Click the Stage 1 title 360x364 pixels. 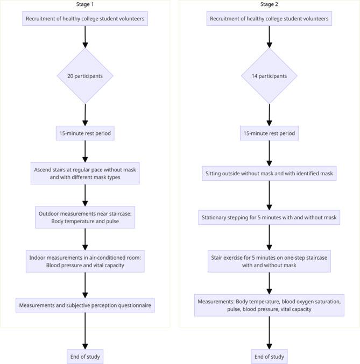point(85,5)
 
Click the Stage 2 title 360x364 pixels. point(269,5)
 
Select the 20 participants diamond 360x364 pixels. point(85,76)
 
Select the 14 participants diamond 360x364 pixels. point(269,76)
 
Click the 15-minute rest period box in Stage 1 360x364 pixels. point(85,132)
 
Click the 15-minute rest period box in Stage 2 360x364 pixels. point(269,132)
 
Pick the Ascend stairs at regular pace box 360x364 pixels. point(85,173)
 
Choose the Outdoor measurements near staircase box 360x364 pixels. point(85,217)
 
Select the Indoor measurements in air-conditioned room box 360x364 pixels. point(85,261)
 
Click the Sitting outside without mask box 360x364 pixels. point(269,174)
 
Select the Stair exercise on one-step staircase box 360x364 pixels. point(269,261)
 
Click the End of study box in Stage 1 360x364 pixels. point(85,356)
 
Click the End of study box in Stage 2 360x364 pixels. point(269,356)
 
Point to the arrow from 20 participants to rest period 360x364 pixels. point(85,115)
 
